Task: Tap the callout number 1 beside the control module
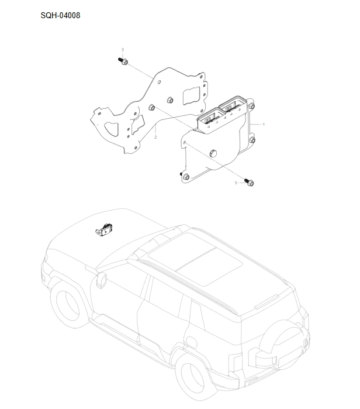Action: (264, 125)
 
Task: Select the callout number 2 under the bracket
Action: (155, 138)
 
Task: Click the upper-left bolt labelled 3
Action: (124, 61)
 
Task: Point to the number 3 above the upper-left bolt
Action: (122, 49)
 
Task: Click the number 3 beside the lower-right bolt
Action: (236, 183)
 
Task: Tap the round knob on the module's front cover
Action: (213, 153)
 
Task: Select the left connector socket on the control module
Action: (207, 120)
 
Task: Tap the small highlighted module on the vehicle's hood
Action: (103, 231)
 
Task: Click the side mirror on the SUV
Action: (101, 280)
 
